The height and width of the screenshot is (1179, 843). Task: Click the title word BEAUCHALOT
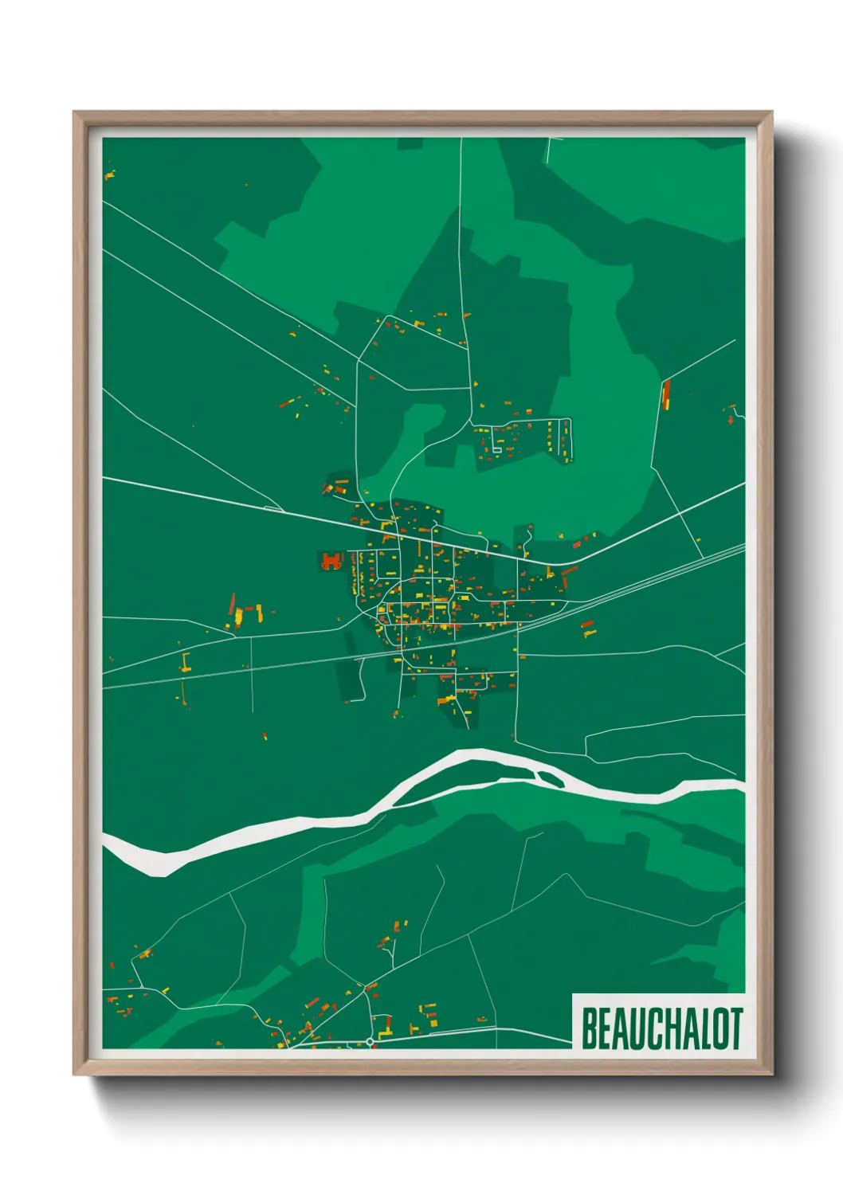click(x=661, y=1028)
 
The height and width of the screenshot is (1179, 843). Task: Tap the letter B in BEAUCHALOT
click(x=590, y=1028)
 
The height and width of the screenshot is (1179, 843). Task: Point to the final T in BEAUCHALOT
click(x=735, y=1028)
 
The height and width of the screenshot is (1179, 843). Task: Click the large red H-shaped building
click(x=331, y=561)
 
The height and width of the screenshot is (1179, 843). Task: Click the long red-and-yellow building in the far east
click(x=666, y=394)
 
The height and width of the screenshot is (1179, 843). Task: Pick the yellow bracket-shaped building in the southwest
click(x=186, y=663)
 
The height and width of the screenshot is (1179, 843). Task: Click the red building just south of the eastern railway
click(x=589, y=629)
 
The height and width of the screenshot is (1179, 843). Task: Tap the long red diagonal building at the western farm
click(x=232, y=604)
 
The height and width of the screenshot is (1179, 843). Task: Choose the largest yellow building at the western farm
click(x=237, y=617)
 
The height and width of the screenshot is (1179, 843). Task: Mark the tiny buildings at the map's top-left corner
click(x=109, y=174)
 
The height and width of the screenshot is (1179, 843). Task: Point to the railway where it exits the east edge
click(x=741, y=548)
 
